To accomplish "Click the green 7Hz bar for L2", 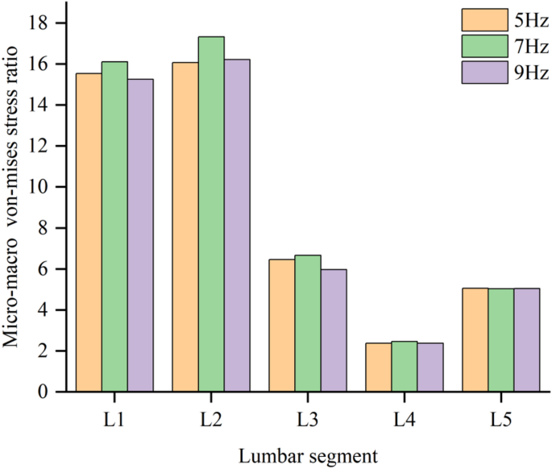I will (x=211, y=214).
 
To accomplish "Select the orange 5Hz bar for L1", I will (x=89, y=233).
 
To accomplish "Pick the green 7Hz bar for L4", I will (x=405, y=367).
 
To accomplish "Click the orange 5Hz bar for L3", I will (x=282, y=326).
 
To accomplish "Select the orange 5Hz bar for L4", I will (x=379, y=367).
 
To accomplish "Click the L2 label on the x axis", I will (x=211, y=420).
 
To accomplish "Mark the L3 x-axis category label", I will (x=308, y=420).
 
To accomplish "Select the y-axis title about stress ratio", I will (x=14, y=207).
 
